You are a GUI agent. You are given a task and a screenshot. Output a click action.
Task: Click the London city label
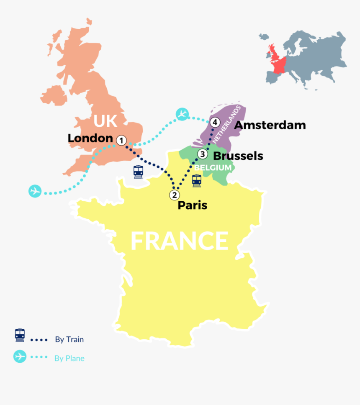tap(90, 138)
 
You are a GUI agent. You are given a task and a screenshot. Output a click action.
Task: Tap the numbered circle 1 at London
tap(121, 141)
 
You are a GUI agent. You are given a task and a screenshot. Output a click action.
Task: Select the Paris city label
tap(192, 205)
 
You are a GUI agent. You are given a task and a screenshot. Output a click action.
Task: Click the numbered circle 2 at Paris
tap(174, 195)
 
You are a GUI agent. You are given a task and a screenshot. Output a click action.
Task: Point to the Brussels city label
tap(238, 156)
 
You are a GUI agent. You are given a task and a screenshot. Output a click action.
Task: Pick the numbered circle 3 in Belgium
tap(202, 154)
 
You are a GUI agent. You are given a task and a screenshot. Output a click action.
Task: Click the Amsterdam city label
tap(270, 125)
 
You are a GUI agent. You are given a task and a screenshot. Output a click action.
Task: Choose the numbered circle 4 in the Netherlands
tap(215, 123)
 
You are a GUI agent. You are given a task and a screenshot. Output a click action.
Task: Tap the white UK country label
tap(105, 121)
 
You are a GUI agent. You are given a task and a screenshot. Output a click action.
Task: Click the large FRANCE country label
tap(179, 241)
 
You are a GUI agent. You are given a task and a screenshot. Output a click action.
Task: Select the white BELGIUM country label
tap(213, 168)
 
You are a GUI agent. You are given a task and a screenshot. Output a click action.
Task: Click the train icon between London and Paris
tap(138, 172)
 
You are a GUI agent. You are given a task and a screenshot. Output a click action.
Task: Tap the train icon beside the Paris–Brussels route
tap(196, 180)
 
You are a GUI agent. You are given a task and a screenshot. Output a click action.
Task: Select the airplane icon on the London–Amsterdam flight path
tap(182, 114)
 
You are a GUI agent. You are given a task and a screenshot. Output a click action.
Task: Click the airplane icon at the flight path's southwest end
tap(35, 191)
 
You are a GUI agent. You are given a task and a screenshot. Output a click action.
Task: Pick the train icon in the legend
tap(20, 335)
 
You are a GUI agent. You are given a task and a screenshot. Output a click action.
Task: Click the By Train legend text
tap(69, 339)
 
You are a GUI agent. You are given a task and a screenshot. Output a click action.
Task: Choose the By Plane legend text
tap(69, 358)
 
